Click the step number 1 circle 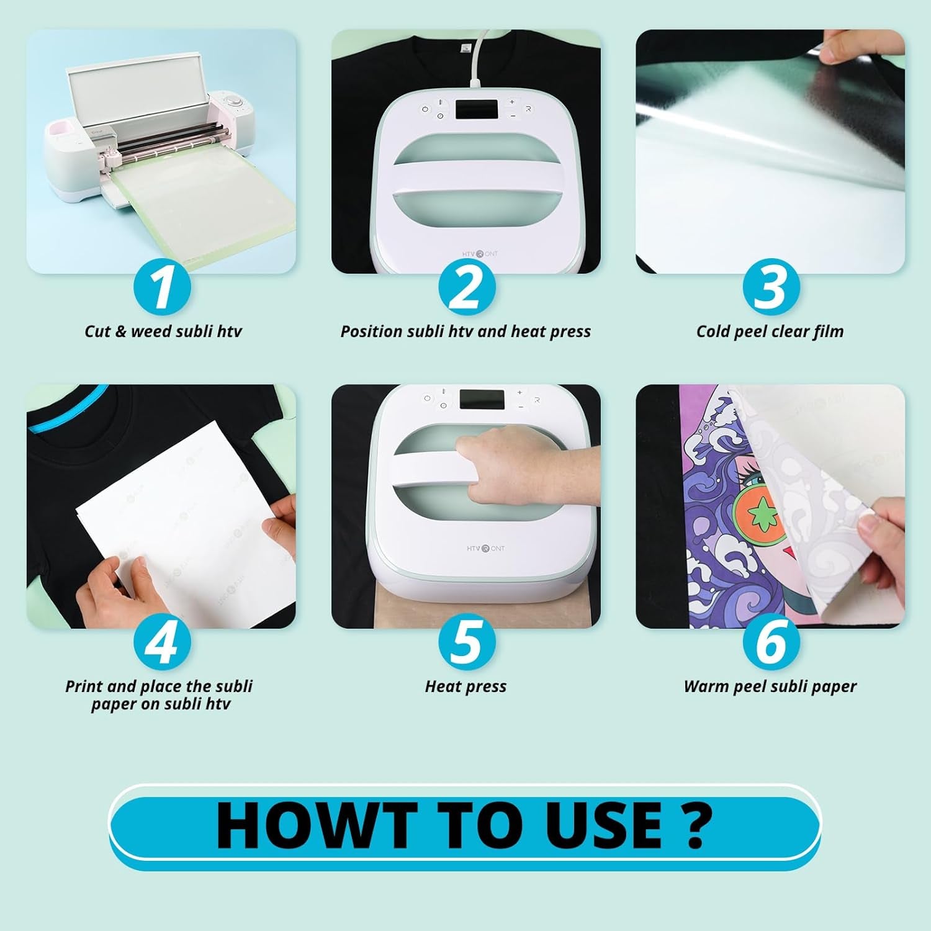point(162,287)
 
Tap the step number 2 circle point(466,287)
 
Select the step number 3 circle point(770,287)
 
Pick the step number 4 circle point(162,642)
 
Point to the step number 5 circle point(466,642)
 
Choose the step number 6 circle point(770,642)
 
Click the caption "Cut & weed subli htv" point(163,331)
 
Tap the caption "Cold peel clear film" point(770,331)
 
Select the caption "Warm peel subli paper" point(770,686)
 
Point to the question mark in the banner point(695,825)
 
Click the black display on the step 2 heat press point(476,110)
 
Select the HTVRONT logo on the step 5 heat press point(485,548)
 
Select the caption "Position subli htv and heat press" point(465,331)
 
